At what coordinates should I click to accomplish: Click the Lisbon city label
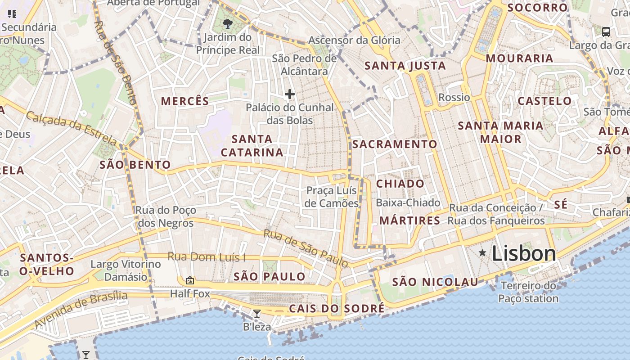coord(524,254)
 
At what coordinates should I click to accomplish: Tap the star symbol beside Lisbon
coord(482,253)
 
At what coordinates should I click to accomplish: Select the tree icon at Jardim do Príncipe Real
coord(228,23)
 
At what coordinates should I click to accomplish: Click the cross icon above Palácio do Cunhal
coord(290,94)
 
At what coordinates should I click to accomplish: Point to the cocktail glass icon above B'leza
coord(257,314)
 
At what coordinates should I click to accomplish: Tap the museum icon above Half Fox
coord(190,280)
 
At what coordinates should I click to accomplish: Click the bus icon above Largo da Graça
coord(606,32)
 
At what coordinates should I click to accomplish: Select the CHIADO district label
coord(400,184)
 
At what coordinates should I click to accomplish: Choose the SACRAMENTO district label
coord(395,144)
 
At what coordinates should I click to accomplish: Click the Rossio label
coord(454,97)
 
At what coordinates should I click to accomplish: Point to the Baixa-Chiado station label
coord(408,203)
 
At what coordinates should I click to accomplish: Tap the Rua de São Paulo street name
coord(306,248)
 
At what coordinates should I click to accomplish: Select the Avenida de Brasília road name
coord(81,309)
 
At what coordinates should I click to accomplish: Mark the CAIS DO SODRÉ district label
coord(337,309)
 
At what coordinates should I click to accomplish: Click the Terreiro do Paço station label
coord(528,292)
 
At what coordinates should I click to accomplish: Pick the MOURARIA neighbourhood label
coord(519,58)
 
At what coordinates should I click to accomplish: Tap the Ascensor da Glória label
coord(354,40)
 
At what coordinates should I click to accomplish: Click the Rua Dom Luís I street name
coord(207,257)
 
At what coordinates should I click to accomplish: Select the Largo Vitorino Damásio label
coord(126,270)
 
